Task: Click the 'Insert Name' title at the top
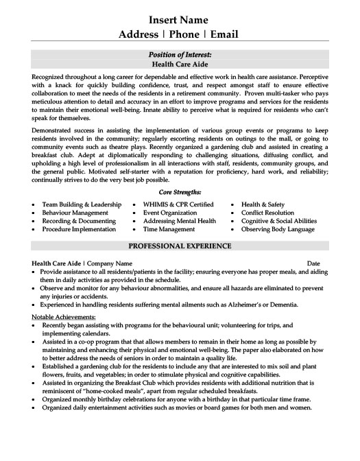180,19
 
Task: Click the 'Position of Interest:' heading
180,54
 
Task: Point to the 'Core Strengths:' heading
180,194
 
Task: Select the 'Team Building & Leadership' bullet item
82,204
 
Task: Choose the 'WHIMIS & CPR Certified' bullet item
178,204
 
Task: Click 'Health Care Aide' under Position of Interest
180,62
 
